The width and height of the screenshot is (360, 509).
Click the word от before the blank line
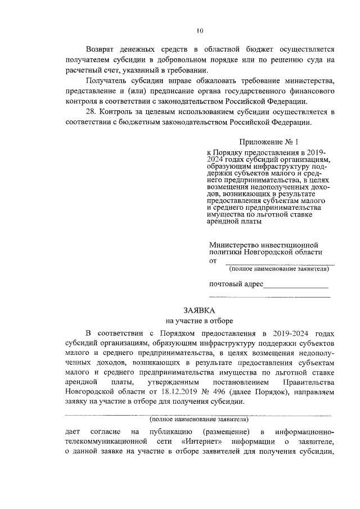coord(213,261)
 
